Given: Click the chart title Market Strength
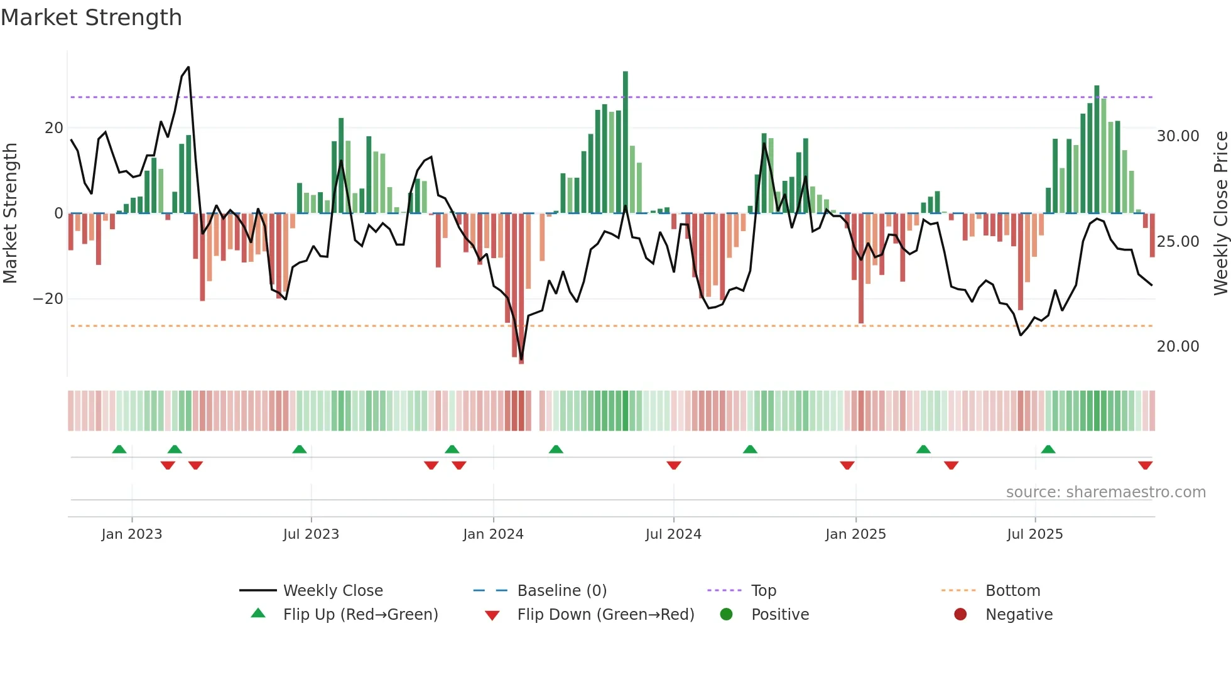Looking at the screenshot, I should click(91, 18).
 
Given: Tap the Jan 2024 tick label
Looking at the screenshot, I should click(493, 534).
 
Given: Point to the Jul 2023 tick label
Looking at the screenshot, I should click(311, 534).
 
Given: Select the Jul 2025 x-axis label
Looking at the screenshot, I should click(1034, 534).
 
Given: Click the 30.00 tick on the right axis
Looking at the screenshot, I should click(1178, 136).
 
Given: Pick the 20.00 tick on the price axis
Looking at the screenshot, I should click(1178, 347).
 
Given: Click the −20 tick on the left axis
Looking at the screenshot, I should click(48, 299).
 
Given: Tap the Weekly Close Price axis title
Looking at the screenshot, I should click(1220, 214).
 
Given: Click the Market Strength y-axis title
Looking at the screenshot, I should click(11, 214).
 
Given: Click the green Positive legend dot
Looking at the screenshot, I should click(726, 615).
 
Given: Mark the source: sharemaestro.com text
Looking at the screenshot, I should click(1105, 492).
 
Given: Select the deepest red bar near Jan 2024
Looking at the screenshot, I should click(521, 289).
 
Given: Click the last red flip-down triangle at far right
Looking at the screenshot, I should click(1145, 465).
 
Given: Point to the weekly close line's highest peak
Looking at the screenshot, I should click(188, 67).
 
